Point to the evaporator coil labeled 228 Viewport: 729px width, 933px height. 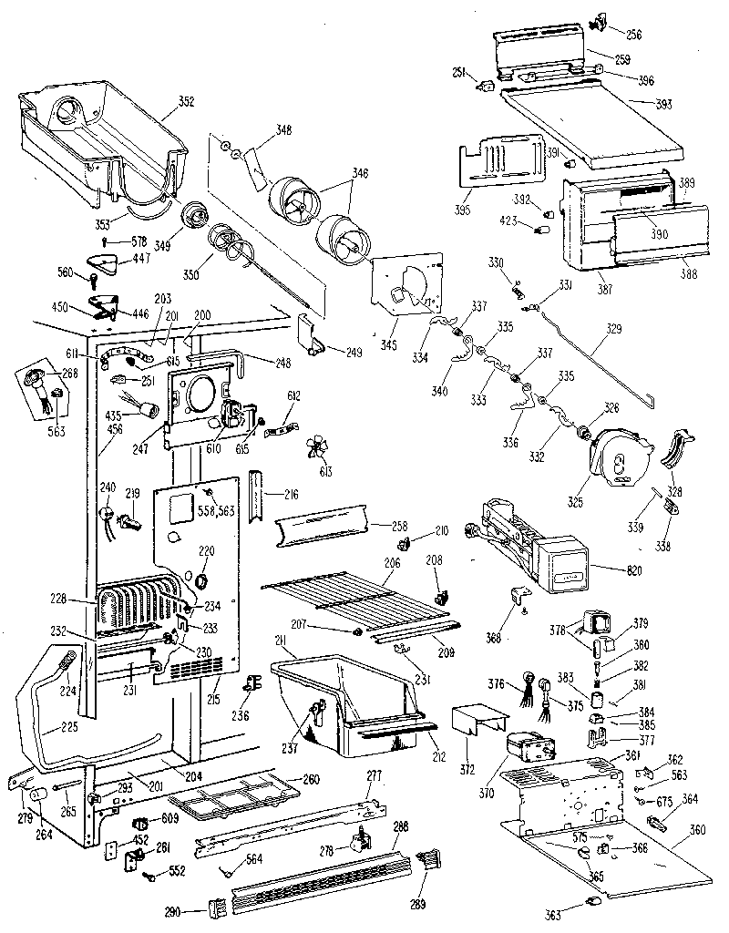tap(137, 608)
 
